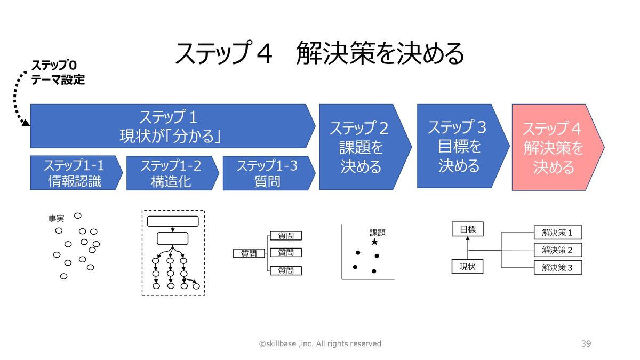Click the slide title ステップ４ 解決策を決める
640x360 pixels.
pos(319,53)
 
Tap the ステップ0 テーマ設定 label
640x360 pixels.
pos(58,73)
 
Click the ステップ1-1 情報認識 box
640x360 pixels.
pos(75,173)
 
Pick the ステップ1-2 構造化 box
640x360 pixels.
pos(171,173)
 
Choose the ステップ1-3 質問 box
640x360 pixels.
pos(267,173)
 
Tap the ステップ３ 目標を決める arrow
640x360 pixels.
pos(459,146)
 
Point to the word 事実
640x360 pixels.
pos(56,219)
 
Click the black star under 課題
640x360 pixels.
pos(374,242)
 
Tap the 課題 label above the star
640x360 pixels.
pos(377,233)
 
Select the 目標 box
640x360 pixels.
pos(467,230)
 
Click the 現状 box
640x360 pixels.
pos(467,266)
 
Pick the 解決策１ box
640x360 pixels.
pos(557,233)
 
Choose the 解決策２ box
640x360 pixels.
pos(557,250)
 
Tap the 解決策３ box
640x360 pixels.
pos(557,267)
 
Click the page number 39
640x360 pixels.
pos(586,343)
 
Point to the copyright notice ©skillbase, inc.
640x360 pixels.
pos(320,343)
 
